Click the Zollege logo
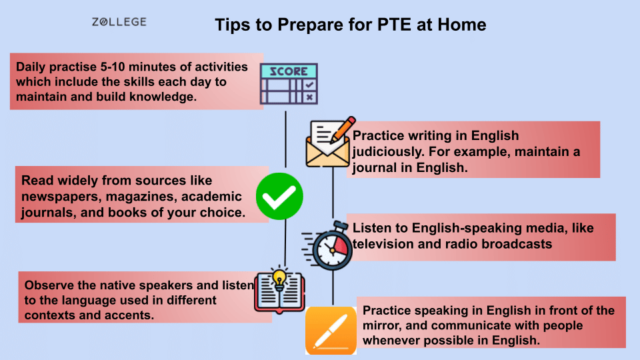pos(119,22)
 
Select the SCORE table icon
pos(288,85)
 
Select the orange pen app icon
pos(331,330)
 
